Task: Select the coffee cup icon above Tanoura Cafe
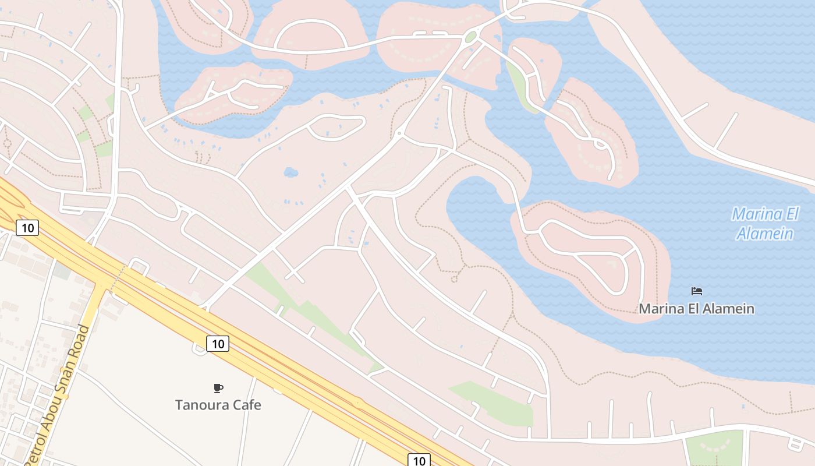[x=218, y=388]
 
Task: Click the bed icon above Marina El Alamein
[x=696, y=291]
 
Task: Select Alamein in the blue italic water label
[x=764, y=234]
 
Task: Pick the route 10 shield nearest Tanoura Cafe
[x=218, y=344]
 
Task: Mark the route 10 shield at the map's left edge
[x=27, y=228]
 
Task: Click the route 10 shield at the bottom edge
[x=419, y=460]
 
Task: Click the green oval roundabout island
[x=470, y=38]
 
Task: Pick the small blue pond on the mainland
[x=290, y=172]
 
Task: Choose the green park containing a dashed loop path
[x=715, y=448]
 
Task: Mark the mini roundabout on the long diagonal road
[x=399, y=133]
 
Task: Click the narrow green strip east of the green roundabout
[x=520, y=87]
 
